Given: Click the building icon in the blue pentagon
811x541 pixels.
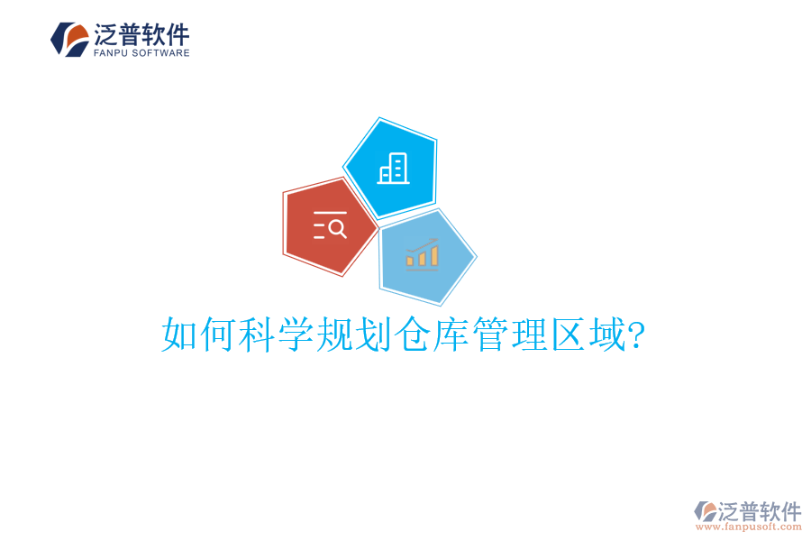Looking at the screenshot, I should point(394,168).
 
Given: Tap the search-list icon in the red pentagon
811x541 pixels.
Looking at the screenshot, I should point(330,225).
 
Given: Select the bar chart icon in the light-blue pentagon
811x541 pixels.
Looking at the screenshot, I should point(422,255).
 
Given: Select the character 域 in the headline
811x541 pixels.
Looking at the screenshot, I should point(606,335).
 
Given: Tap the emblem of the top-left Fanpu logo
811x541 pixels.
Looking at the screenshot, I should point(69,40).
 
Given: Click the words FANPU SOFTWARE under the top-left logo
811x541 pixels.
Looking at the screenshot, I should point(141,53).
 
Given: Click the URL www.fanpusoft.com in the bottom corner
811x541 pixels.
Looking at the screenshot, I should point(749,527).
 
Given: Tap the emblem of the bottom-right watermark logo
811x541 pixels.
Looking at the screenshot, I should point(706,511).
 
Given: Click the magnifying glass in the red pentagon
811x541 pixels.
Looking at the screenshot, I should point(338,228).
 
